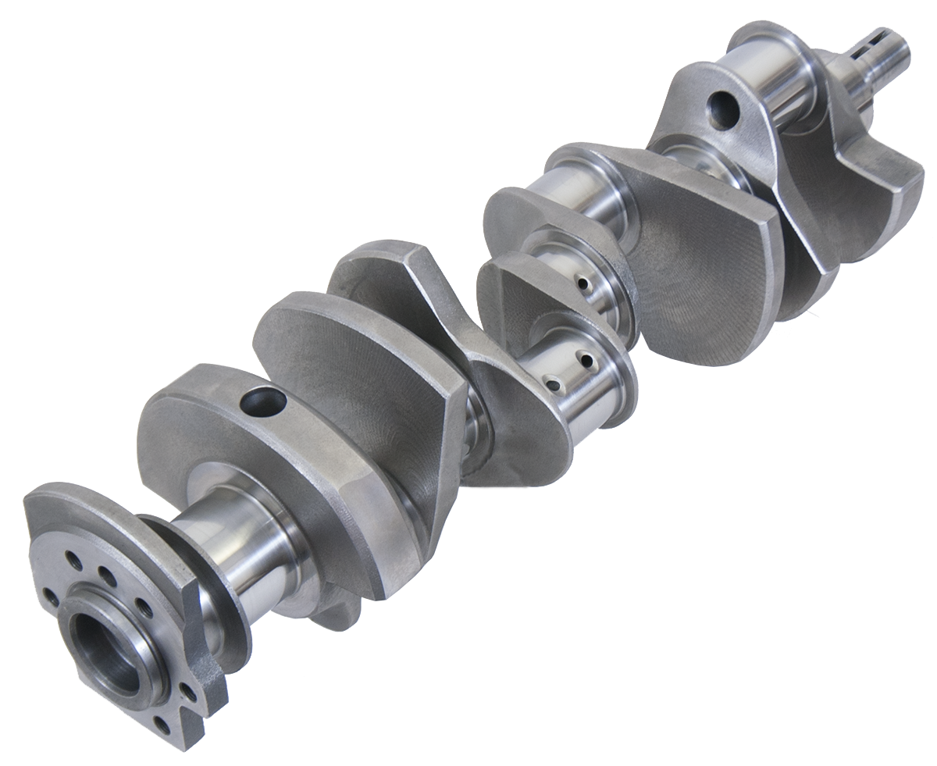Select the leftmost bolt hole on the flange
point(50,597)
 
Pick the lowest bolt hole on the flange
point(162,725)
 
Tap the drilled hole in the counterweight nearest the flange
point(263,403)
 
